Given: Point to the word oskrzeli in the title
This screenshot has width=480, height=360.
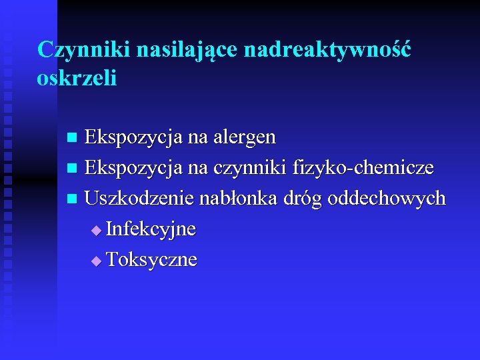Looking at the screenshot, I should pyautogui.click(x=77, y=78).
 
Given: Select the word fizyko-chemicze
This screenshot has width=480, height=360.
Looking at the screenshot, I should pyautogui.click(x=369, y=168).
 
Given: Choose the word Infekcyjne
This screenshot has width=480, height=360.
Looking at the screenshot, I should pyautogui.click(x=151, y=229).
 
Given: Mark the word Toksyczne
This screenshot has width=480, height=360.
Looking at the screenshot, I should pyautogui.click(x=151, y=259).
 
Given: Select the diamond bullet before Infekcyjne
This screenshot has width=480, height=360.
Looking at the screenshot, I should pyautogui.click(x=97, y=231).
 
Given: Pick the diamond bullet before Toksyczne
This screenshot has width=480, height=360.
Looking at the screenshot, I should pyautogui.click(x=97, y=260).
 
